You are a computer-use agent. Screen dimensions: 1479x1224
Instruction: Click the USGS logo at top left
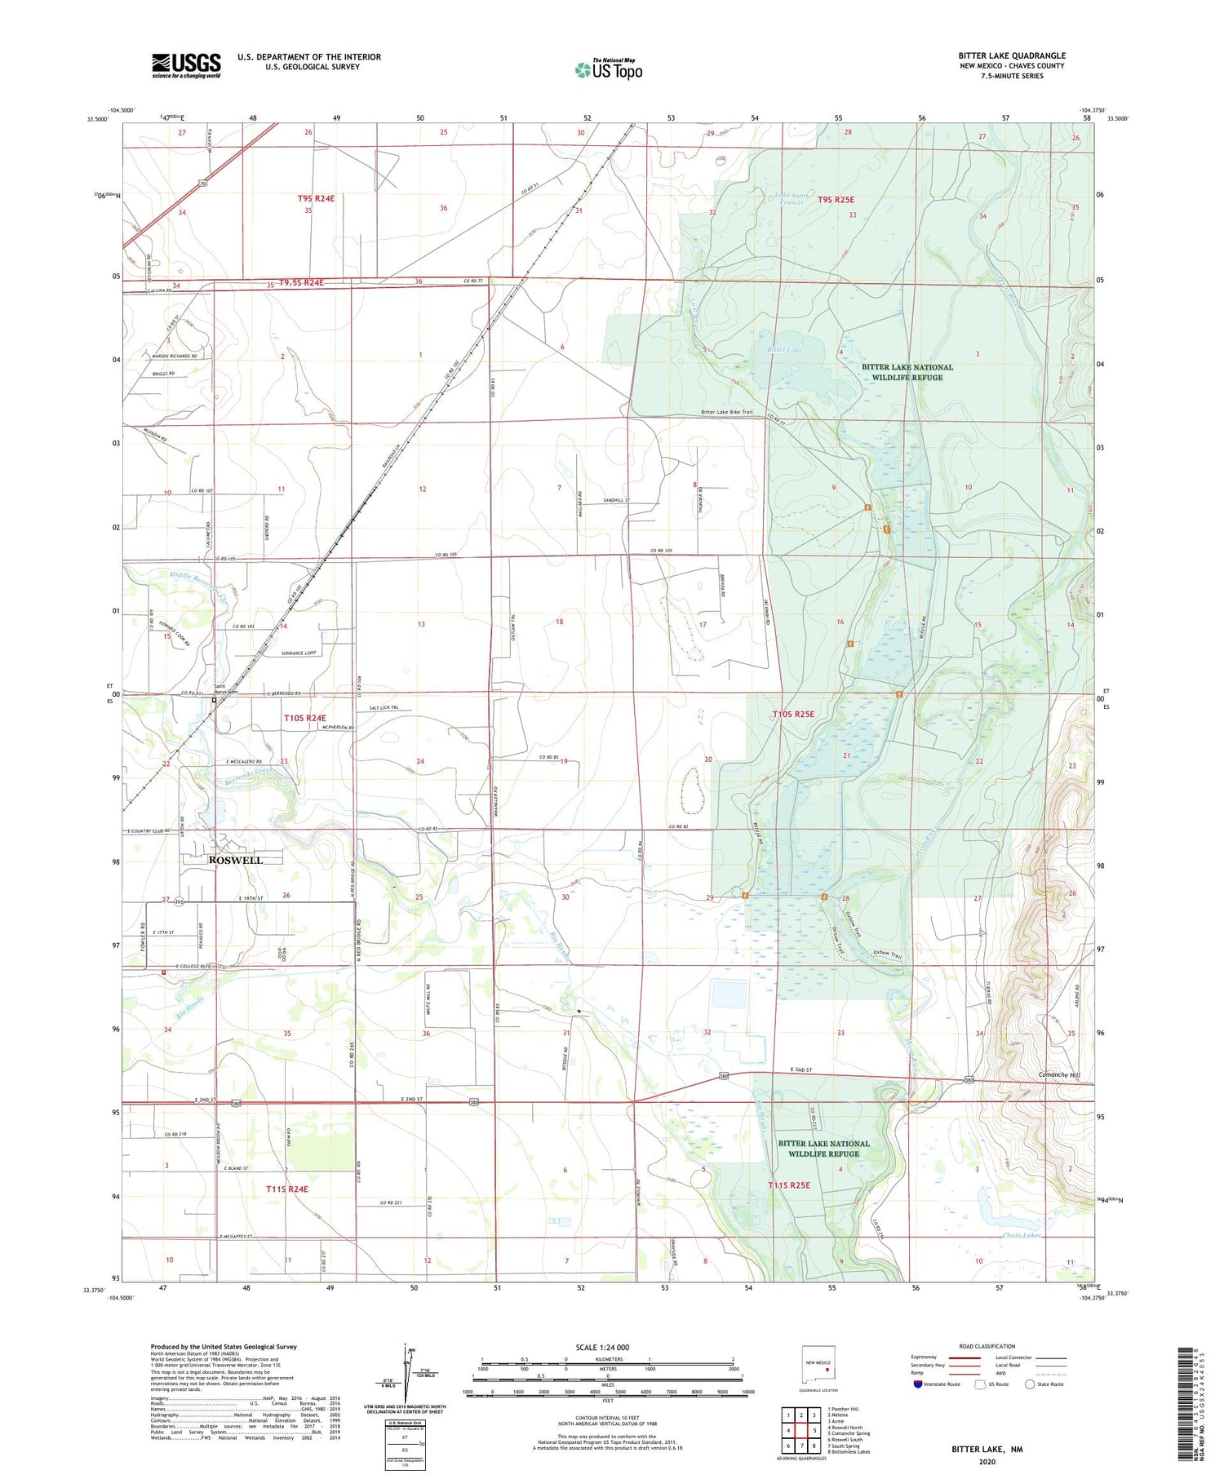pos(186,65)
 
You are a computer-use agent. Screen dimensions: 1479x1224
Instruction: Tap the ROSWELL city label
pos(236,860)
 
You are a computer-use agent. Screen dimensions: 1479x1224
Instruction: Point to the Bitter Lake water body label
pos(785,349)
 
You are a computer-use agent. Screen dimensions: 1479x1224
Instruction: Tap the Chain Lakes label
pos(1022,1235)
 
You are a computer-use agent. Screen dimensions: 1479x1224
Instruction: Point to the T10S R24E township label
pos(304,718)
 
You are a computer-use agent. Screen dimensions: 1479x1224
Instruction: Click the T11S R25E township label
pos(788,1185)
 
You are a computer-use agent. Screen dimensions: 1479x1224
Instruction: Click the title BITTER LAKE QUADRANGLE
pos(1012,55)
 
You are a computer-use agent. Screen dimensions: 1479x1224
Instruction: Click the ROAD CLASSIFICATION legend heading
pos(987,1346)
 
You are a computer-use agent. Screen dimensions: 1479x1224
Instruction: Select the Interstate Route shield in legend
pos(918,1384)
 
